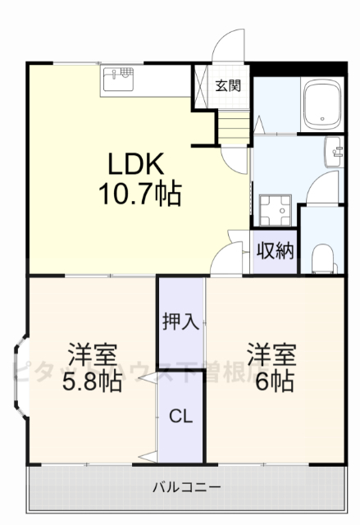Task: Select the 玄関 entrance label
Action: point(228,84)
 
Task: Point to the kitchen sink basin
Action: point(116,80)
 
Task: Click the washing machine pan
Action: point(273,210)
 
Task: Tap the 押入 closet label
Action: point(180,321)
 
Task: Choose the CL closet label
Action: point(180,417)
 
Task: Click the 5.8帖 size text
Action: point(92,382)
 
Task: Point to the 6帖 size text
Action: point(271,382)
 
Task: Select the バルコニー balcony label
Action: point(186,488)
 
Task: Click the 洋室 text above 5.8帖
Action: point(92,356)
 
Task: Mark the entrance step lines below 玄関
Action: point(232,125)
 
